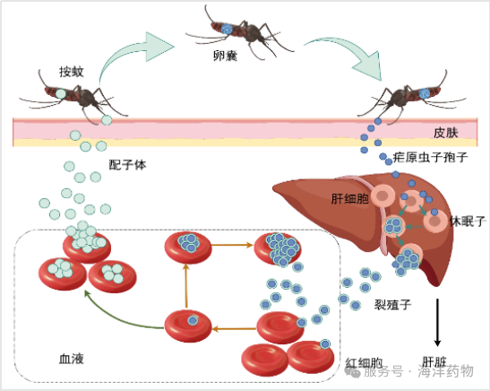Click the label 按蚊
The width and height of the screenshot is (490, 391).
click(72, 72)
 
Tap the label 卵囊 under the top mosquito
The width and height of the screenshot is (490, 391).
click(225, 56)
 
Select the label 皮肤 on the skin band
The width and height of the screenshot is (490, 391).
click(446, 133)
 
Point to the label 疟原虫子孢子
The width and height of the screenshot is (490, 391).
click(430, 157)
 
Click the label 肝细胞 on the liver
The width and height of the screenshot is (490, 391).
click(350, 198)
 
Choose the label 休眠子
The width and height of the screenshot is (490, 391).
click(468, 222)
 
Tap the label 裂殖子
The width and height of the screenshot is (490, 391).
click(393, 304)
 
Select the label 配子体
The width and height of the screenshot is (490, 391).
click(127, 165)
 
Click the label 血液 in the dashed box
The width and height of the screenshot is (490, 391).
click(72, 359)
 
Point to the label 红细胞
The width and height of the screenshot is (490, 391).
click(364, 363)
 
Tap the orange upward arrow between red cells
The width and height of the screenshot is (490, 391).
click(186, 286)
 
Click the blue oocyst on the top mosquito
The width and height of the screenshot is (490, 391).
click(227, 29)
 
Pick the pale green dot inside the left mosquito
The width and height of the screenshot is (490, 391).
click(61, 93)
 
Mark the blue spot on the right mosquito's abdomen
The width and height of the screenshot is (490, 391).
click(425, 93)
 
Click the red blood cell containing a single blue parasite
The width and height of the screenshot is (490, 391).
click(188, 326)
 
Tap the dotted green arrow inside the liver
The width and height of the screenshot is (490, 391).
click(415, 227)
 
